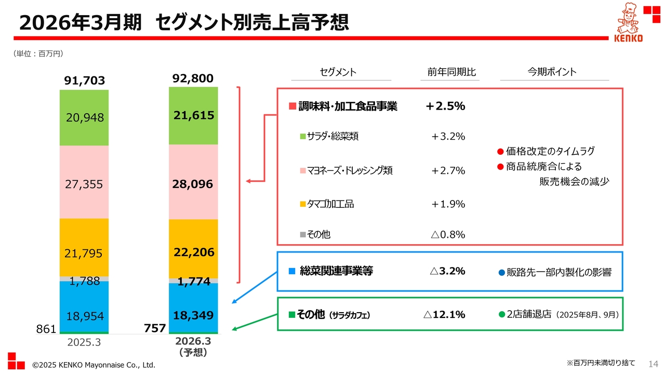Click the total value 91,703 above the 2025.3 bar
click(x=84, y=81)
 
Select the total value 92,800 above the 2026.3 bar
click(x=193, y=78)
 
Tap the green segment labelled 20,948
click(x=84, y=118)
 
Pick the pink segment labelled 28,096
click(x=193, y=184)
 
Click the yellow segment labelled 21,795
click(x=84, y=253)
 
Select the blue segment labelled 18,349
click(x=193, y=315)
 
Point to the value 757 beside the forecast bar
click(x=155, y=328)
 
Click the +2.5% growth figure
click(x=445, y=106)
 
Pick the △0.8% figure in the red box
click(x=447, y=234)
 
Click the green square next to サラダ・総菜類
click(x=303, y=137)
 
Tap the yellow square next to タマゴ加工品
click(x=303, y=204)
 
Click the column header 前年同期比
click(x=448, y=72)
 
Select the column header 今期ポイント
click(x=552, y=72)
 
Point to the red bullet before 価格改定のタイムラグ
click(x=500, y=152)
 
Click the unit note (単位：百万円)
click(x=38, y=54)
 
